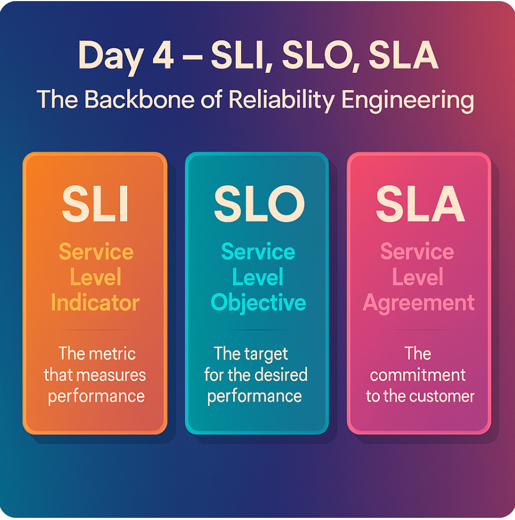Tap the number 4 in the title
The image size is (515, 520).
[162, 56]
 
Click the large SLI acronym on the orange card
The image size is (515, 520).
[95, 205]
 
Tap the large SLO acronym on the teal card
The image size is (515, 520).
[257, 205]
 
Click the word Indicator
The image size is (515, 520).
[95, 303]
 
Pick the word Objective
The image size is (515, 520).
[258, 303]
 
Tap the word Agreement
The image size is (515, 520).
[419, 303]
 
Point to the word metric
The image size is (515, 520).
[112, 354]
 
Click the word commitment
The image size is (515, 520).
[418, 375]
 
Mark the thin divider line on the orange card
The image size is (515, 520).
[95, 330]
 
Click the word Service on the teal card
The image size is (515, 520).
[258, 252]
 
